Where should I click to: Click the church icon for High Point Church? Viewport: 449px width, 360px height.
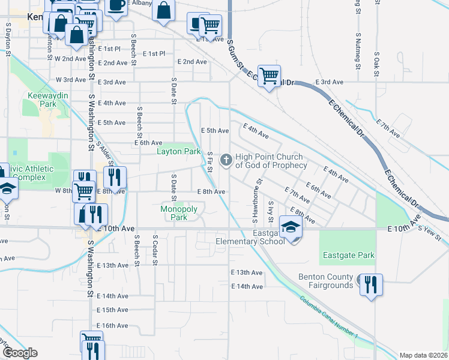(226, 160)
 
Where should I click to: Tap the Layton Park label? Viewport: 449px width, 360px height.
(179, 152)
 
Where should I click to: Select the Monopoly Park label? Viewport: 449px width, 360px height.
(179, 213)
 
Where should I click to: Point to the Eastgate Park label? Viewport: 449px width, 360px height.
(349, 255)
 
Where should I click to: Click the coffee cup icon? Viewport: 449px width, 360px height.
(116, 5)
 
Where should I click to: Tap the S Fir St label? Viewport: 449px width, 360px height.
(210, 161)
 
